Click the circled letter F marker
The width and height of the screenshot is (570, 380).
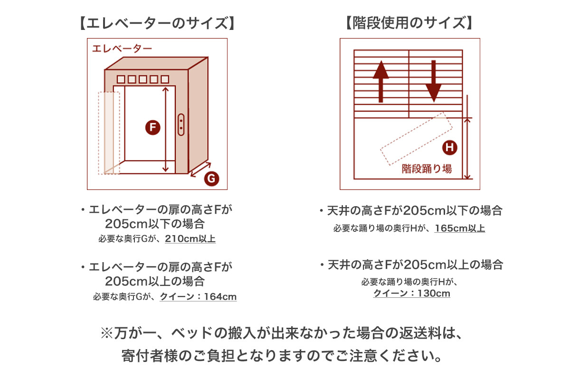coord(152,127)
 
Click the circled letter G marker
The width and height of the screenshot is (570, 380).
coord(211,179)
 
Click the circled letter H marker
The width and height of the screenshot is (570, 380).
coord(450,147)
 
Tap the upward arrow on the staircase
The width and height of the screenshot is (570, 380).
coord(380,81)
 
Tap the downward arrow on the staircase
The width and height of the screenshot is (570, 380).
coord(434,81)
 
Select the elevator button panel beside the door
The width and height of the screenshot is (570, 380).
coord(181,124)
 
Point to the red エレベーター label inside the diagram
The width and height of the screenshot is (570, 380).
coord(122,48)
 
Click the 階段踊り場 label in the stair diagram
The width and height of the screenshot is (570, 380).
coord(427,169)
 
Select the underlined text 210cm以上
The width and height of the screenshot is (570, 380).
coord(190,239)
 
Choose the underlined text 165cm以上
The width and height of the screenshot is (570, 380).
coord(460,228)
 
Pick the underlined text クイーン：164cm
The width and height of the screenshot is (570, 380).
coord(198,296)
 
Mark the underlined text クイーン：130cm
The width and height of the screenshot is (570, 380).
coord(411,293)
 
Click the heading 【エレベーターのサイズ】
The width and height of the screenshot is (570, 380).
coord(157,23)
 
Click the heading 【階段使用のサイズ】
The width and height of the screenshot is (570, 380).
coord(409,23)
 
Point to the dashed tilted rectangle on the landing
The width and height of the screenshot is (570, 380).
coord(416,139)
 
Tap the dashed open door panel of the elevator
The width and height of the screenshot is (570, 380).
coord(109,133)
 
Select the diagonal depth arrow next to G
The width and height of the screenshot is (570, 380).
coord(201,169)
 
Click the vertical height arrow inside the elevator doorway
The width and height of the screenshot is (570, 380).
coord(165,130)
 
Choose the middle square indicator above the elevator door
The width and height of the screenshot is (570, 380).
coord(143,79)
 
